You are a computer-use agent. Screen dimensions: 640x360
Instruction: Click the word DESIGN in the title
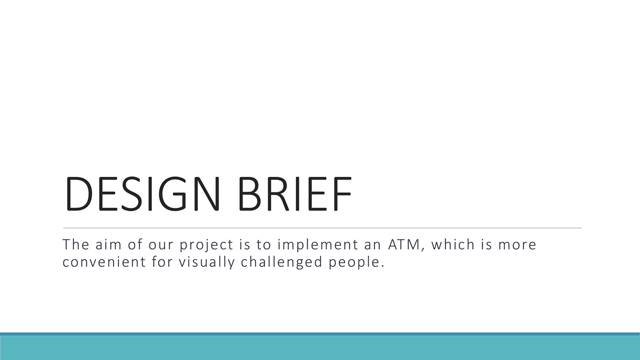pyautogui.click(x=143, y=194)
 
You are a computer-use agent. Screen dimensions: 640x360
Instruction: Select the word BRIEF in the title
pyautogui.click(x=295, y=194)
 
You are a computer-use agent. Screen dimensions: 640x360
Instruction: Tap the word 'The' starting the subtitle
pyautogui.click(x=76, y=244)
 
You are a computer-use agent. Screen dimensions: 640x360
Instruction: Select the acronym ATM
pyautogui.click(x=404, y=245)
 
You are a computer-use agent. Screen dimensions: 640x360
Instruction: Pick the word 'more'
pyautogui.click(x=517, y=245)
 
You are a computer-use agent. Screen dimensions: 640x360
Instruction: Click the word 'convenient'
pyautogui.click(x=104, y=262)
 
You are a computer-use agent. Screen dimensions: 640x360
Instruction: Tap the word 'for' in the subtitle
pyautogui.click(x=162, y=262)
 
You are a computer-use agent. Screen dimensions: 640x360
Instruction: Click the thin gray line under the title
pyautogui.click(x=322, y=228)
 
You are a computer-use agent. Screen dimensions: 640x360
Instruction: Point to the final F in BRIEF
pyautogui.click(x=342, y=194)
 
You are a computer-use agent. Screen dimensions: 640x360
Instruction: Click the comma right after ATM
pyautogui.click(x=423, y=249)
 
